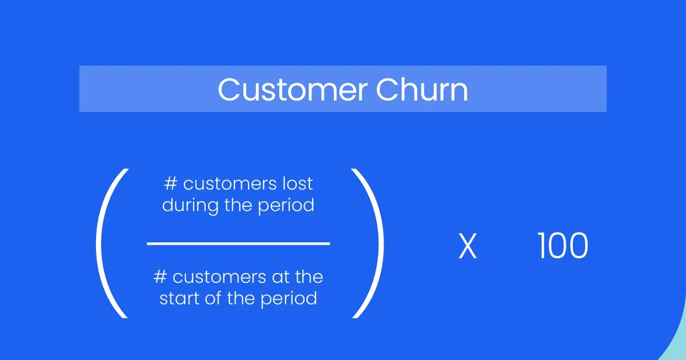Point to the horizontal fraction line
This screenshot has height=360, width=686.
pos(238,244)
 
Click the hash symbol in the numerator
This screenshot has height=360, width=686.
pos(170,184)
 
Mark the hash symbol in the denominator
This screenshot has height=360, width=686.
pos(159,278)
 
